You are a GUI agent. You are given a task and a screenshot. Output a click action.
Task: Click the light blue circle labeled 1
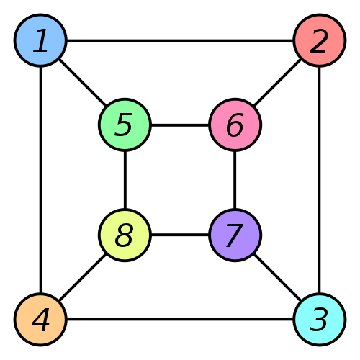click(x=40, y=40)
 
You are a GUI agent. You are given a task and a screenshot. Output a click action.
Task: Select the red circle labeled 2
click(x=319, y=40)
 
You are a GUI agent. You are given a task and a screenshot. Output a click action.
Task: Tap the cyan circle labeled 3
click(x=319, y=319)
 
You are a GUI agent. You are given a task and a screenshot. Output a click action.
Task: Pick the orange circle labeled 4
click(x=40, y=319)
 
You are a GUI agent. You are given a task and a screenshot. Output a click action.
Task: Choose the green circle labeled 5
click(x=125, y=125)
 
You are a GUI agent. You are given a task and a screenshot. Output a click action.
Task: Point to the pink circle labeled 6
click(x=235, y=125)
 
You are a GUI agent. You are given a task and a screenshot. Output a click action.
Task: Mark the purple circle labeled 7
click(x=235, y=235)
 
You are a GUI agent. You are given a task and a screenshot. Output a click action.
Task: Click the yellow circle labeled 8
click(x=125, y=235)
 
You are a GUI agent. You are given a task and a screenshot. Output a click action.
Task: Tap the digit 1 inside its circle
click(x=41, y=41)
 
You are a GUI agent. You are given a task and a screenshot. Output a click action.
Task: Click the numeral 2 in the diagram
click(x=319, y=41)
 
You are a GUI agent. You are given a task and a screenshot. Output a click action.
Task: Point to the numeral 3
click(x=319, y=320)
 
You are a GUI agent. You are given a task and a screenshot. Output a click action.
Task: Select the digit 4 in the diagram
click(x=41, y=320)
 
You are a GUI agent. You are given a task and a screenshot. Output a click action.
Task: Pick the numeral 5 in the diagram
click(x=125, y=125)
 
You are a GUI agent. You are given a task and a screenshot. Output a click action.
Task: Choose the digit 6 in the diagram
click(x=235, y=125)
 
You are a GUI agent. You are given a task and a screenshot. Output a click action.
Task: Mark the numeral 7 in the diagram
click(x=234, y=235)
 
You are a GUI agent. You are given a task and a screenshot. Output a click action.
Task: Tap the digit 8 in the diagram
click(x=125, y=235)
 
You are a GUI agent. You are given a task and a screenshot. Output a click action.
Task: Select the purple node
click(x=235, y=235)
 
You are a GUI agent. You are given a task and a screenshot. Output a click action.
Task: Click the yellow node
click(x=125, y=235)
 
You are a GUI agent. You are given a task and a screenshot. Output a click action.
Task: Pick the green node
click(x=125, y=125)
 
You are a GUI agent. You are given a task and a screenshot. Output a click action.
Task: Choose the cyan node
click(x=319, y=319)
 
